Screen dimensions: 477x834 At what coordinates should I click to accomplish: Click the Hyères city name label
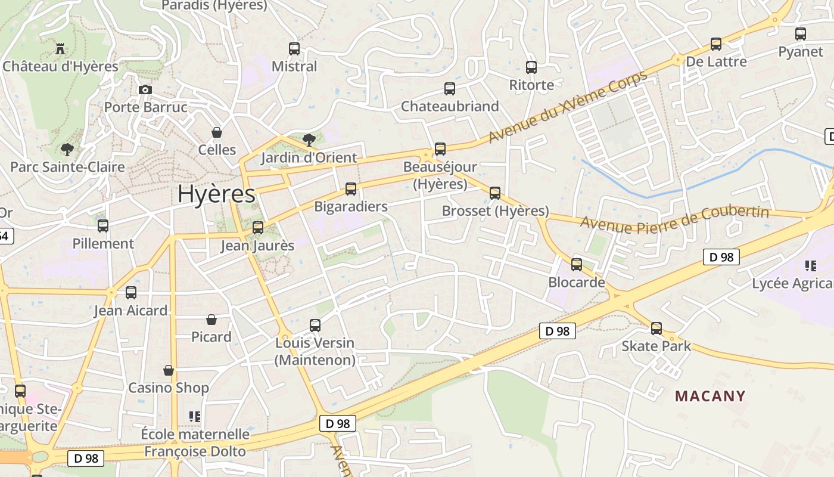[x=216, y=194]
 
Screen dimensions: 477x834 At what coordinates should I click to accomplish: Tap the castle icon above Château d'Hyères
[x=60, y=48]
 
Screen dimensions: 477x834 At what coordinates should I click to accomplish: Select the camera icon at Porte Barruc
[x=145, y=90]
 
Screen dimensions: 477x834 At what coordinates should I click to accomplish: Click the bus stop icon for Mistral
[x=294, y=49]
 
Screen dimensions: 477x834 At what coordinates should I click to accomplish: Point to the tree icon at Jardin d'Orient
[x=309, y=140]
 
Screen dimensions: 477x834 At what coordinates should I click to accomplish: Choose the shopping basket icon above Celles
[x=217, y=132]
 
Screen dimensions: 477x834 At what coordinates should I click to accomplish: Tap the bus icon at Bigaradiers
[x=351, y=189]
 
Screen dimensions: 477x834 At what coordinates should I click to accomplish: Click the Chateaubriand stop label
[x=450, y=107]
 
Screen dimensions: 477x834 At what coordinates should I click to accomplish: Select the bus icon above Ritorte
[x=531, y=67]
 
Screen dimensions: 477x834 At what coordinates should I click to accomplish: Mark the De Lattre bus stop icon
[x=716, y=44]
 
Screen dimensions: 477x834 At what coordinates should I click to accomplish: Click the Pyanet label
[x=801, y=52]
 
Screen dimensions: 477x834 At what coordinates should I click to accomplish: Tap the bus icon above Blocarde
[x=577, y=265]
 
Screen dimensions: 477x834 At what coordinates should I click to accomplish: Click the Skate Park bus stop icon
[x=656, y=329]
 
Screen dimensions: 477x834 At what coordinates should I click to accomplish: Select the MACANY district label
[x=710, y=397]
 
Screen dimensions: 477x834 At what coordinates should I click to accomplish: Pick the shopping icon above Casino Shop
[x=169, y=370]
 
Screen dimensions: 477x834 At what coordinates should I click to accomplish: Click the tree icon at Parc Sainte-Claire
[x=67, y=149]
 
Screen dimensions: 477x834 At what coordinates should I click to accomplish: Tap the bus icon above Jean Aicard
[x=131, y=293]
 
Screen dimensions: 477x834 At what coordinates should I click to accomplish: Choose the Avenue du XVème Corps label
[x=567, y=108]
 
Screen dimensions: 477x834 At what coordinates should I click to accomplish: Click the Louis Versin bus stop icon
[x=315, y=326]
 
